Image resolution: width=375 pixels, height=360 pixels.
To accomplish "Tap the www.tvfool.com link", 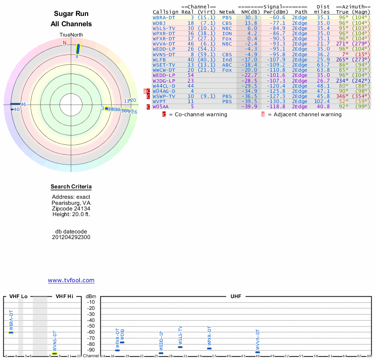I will pyautogui.click(x=71, y=280).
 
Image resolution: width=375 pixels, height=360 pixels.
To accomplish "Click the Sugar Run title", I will pyautogui.click(x=71, y=14).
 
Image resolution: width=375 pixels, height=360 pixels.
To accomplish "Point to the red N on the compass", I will pyautogui.click(x=65, y=43).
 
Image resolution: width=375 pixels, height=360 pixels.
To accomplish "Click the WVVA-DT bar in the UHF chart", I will pyautogui.click(x=257, y=352).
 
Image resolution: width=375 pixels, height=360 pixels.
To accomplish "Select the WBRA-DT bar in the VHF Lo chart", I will pyautogui.click(x=11, y=332).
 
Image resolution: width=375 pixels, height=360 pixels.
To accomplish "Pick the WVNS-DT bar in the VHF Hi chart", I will pyautogui.click(x=54, y=353).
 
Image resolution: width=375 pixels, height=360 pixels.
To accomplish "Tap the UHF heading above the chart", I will pyautogui.click(x=236, y=296).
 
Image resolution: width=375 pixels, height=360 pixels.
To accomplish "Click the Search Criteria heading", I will pyautogui.click(x=71, y=187).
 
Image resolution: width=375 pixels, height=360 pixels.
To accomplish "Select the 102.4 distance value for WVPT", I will pyautogui.click(x=322, y=101).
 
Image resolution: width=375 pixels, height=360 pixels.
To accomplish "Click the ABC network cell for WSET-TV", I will pyautogui.click(x=227, y=65).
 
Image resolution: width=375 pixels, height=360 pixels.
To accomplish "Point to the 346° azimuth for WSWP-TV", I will pyautogui.click(x=343, y=96).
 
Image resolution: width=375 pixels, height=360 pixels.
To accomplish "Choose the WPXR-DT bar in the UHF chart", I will pyautogui.click(x=210, y=348).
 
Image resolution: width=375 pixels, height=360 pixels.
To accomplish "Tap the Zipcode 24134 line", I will pyautogui.click(x=71, y=209).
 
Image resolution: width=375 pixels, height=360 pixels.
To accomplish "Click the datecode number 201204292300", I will pyautogui.click(x=71, y=237).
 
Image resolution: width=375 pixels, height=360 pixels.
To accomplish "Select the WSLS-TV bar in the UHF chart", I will pyautogui.click(x=180, y=346).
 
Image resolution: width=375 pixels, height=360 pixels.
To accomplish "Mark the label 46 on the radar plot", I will pyautogui.click(x=23, y=104).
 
